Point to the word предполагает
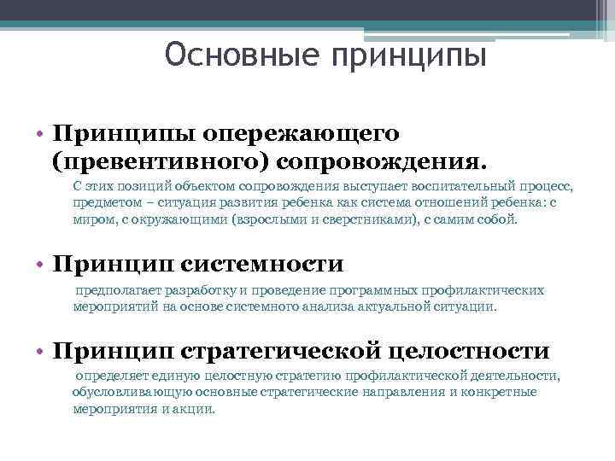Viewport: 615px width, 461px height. click(x=115, y=290)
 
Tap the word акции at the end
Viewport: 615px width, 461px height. click(x=197, y=409)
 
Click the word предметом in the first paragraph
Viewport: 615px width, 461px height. click(x=103, y=202)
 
